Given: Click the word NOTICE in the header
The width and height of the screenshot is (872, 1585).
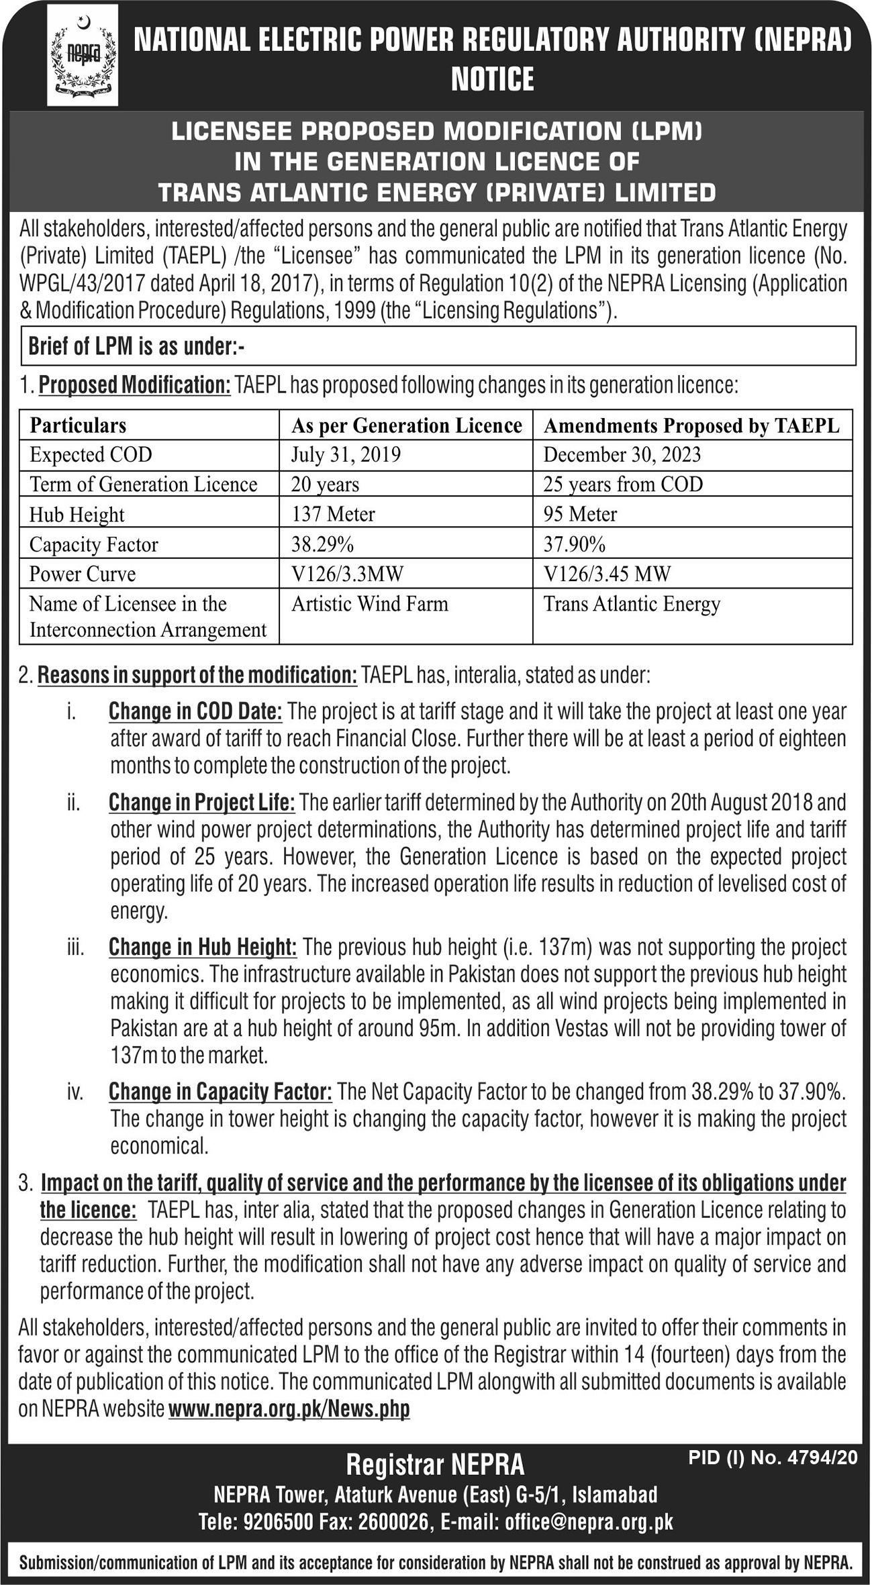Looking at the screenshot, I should (x=492, y=79).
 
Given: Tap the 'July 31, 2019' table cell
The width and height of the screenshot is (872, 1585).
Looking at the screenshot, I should (x=346, y=455).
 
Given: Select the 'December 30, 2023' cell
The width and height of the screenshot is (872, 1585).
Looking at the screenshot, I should (x=622, y=455).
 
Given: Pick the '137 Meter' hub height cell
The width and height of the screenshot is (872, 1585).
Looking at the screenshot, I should (x=333, y=514).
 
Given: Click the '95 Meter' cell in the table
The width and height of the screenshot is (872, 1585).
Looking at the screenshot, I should (x=580, y=514).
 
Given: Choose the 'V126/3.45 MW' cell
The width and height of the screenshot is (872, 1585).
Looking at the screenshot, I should (x=607, y=574).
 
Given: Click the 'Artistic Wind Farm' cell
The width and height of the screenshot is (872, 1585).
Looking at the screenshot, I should (x=369, y=604).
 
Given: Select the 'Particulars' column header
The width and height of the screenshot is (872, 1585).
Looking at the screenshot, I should (x=78, y=425).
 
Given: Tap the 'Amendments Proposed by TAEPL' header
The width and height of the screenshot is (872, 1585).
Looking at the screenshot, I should (x=691, y=425).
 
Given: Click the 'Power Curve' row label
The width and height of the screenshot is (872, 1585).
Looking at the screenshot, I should (x=83, y=574).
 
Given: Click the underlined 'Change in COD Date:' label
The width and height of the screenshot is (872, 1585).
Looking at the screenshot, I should (x=195, y=711).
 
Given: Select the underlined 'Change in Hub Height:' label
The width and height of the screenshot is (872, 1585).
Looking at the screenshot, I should (x=203, y=947).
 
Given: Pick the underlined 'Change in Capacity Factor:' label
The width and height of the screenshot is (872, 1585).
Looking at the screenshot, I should (x=220, y=1092).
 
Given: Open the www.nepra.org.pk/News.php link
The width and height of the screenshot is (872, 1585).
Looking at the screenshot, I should (x=289, y=1409).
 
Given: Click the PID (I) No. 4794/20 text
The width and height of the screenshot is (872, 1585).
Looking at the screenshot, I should (x=773, y=1458).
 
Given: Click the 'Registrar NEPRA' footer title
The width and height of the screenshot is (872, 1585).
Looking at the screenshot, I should (x=435, y=1465).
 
